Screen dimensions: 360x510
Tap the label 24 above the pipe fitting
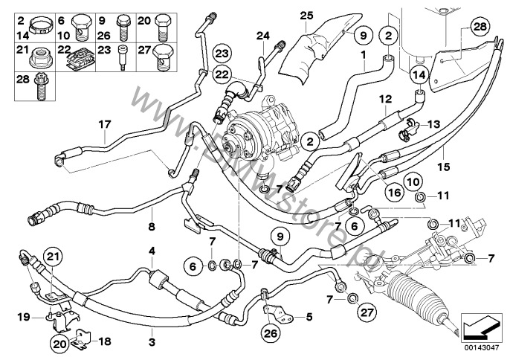click(x=262, y=34)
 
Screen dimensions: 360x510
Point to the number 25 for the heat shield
click(x=308, y=15)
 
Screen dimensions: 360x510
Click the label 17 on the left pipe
click(x=104, y=123)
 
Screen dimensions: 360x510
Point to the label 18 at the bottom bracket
click(x=104, y=341)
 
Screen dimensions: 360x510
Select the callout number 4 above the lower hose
click(x=152, y=250)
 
